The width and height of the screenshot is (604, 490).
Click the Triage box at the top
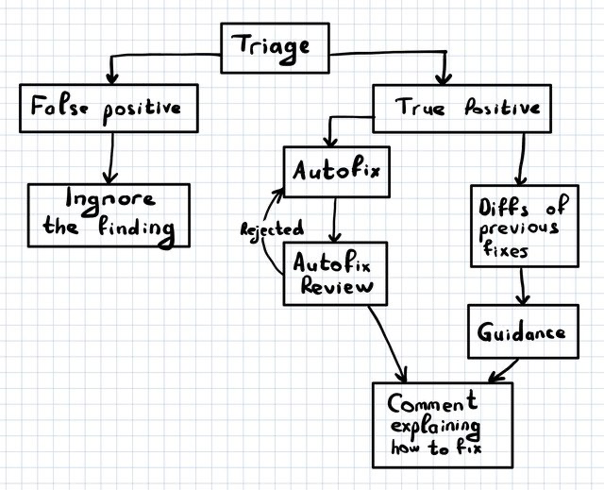pos(275,48)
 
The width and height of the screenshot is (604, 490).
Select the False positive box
pos(109,109)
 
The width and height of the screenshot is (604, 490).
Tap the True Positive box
pos(461,109)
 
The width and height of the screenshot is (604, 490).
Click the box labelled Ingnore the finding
pos(109,215)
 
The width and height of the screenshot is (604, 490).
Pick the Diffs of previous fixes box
pos(525,226)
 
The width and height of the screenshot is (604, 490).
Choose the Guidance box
pos(524,331)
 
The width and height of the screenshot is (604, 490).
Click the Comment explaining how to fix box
pos(443,425)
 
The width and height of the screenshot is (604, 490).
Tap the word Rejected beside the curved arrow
pos(272,229)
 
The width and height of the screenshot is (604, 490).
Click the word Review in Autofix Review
pos(337,287)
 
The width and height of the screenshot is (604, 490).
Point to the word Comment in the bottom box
pos(432,403)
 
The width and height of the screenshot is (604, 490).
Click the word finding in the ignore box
pos(136,229)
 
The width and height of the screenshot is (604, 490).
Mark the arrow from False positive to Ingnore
pos(111,159)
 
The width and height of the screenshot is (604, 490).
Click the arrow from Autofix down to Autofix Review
pos(335,220)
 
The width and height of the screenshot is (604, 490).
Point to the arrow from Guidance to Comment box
pos(503,371)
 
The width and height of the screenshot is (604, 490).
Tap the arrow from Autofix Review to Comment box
pos(386,345)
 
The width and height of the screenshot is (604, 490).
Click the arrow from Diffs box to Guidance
pos(522,286)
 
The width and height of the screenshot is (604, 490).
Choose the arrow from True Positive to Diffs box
pos(522,160)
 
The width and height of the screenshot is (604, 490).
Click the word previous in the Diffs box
pos(518,229)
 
